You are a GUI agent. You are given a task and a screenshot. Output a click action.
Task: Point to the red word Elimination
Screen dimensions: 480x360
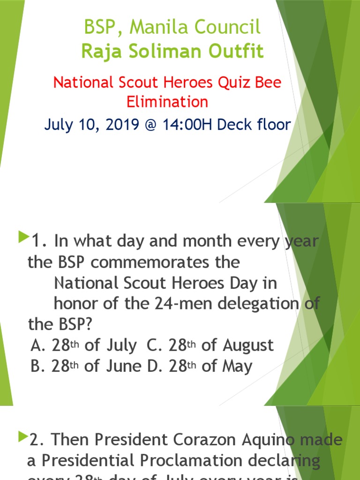(x=167, y=101)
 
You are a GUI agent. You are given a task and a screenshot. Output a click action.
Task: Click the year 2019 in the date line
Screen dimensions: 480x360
(x=125, y=125)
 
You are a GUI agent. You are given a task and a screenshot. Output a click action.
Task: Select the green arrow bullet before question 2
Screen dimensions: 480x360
(x=22, y=437)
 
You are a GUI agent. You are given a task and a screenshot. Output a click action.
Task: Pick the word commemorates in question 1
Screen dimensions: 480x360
(x=165, y=262)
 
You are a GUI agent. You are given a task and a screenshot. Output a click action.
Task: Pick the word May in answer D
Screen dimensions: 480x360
(x=238, y=366)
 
